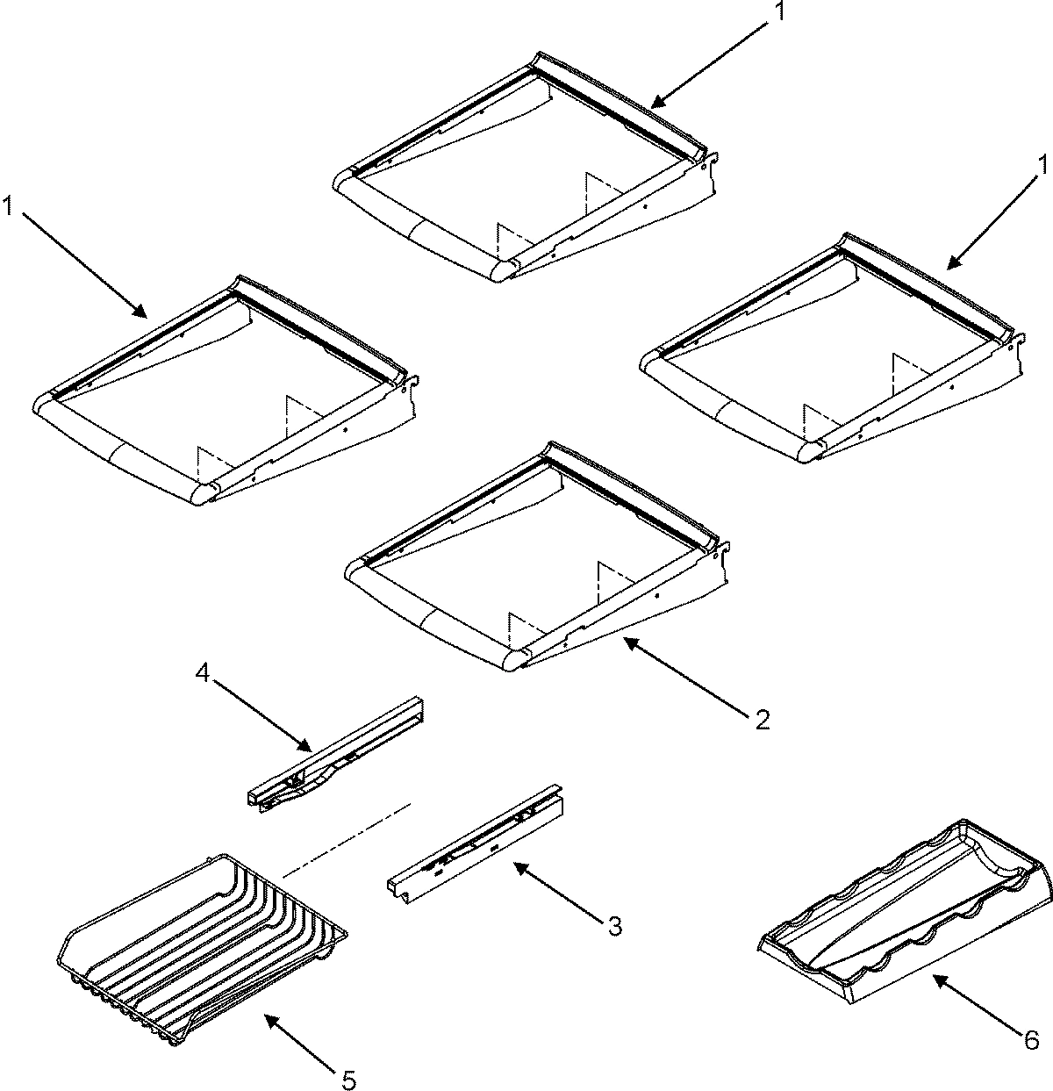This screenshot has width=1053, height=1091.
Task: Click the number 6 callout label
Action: [1031, 1040]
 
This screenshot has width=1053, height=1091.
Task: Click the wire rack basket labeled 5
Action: [202, 948]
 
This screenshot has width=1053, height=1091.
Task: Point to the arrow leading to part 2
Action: [684, 676]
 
